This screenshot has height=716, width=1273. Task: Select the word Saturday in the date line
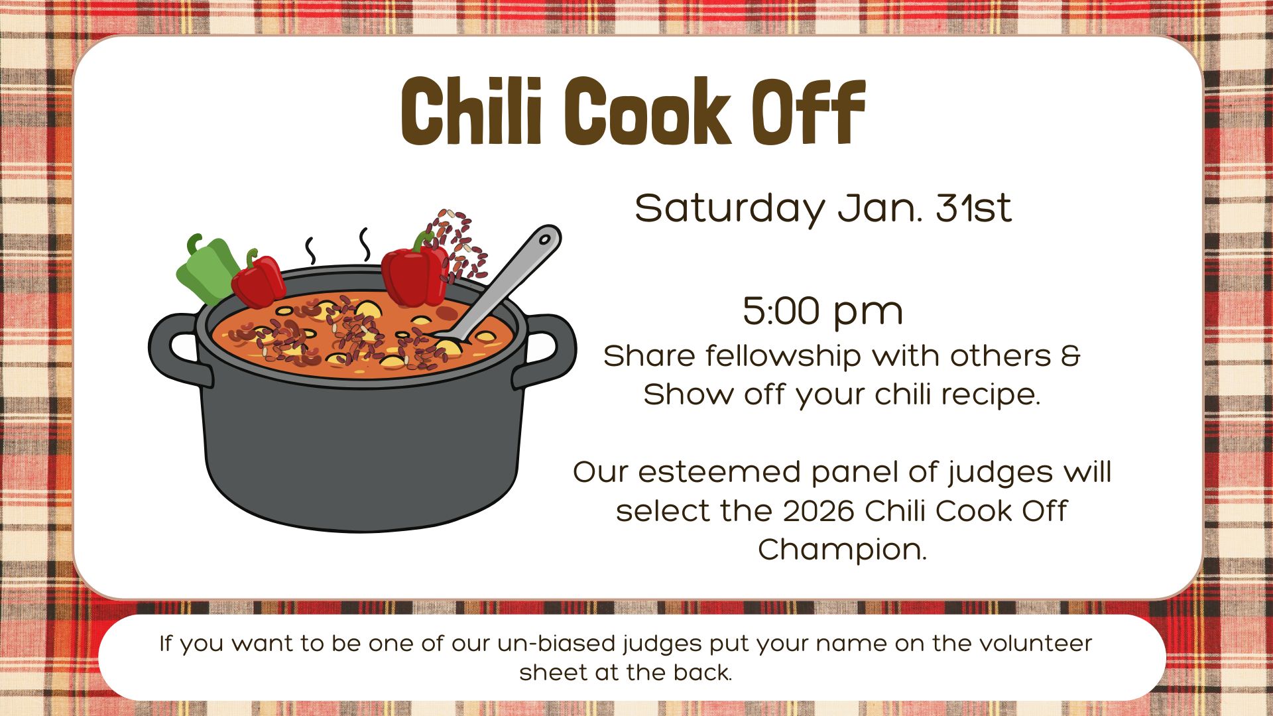point(729,209)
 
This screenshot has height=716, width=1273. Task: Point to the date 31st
point(973,208)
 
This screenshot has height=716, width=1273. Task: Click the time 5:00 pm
point(823,312)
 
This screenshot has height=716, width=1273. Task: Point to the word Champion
point(842,550)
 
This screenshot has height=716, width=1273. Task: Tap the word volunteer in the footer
point(1036,644)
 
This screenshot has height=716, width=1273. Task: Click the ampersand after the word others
point(1070,356)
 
